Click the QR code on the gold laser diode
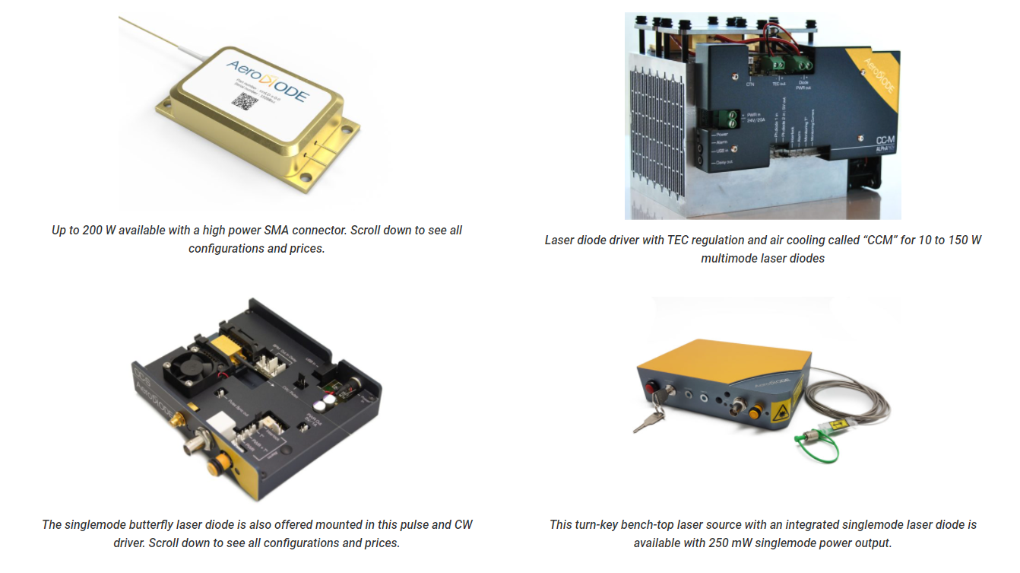[241, 102]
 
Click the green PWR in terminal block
[727, 117]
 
